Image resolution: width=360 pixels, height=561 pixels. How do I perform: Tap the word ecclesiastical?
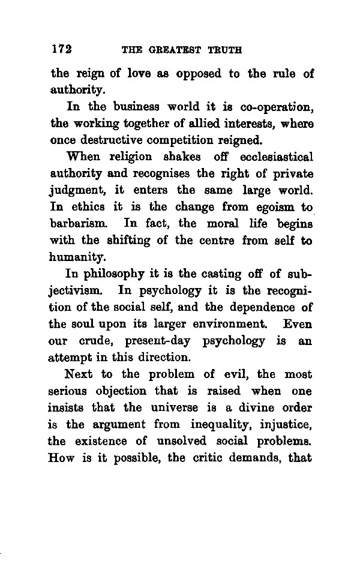pos(276,158)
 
